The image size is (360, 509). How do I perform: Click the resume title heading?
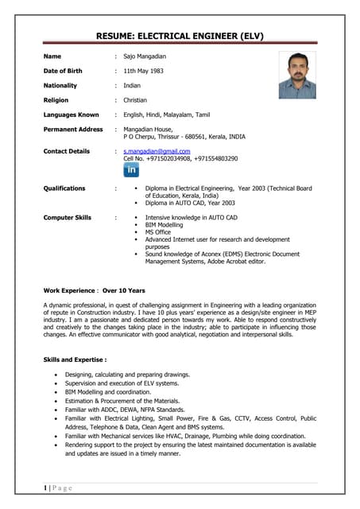point(180,36)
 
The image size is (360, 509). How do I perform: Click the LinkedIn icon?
point(131,170)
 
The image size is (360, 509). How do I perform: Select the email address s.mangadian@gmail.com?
point(157,150)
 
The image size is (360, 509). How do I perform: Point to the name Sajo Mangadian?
point(145,56)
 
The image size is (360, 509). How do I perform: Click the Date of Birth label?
point(63,71)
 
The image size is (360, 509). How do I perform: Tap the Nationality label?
point(60,85)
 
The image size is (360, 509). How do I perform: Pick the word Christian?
point(135,100)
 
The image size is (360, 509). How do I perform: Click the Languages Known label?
point(71,115)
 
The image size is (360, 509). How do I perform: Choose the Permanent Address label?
point(73,129)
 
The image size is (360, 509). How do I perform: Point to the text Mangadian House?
point(147,129)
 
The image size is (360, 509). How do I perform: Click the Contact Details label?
point(67,150)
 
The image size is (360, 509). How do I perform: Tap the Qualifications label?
point(64,188)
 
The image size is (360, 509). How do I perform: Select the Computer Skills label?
point(68,217)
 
